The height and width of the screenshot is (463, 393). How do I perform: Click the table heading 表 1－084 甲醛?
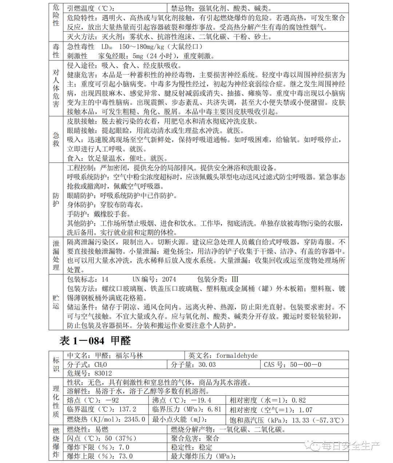tap(95, 341)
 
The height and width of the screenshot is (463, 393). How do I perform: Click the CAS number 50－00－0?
tap(306, 364)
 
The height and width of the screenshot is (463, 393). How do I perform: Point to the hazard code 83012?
tap(103, 373)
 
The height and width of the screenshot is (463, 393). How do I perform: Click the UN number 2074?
tap(169, 279)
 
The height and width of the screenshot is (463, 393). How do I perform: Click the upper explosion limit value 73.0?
tap(124, 456)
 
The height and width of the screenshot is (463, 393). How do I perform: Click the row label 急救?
tap(56, 139)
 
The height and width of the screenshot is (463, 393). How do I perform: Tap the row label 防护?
tap(56, 200)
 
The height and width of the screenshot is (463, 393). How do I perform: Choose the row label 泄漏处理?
tap(56, 255)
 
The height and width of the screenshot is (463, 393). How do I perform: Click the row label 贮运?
tap(56, 302)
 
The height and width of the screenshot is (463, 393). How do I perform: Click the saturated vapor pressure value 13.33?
tap(301, 420)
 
